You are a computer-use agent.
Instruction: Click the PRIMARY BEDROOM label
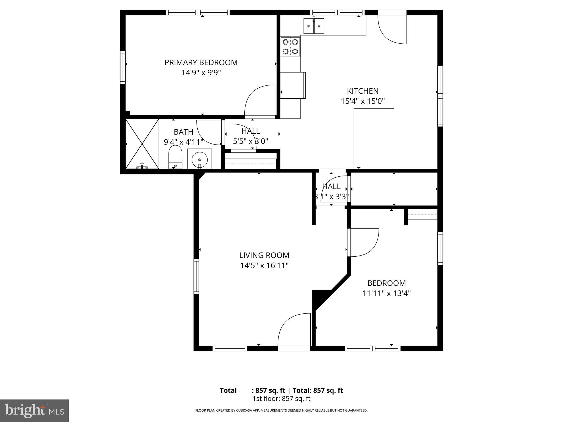click(201, 63)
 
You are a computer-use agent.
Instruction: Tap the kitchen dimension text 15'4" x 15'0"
click(363, 101)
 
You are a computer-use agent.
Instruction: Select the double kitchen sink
click(314, 26)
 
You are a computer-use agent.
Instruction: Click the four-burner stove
click(290, 47)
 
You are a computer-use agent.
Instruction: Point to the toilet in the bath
click(175, 158)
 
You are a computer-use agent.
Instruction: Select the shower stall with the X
click(142, 144)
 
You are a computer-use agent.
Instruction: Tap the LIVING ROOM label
click(264, 256)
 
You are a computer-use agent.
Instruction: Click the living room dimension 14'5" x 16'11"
click(264, 266)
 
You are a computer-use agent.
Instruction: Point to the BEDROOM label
click(386, 283)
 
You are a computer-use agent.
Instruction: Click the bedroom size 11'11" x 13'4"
click(386, 293)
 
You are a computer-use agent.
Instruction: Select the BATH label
click(183, 132)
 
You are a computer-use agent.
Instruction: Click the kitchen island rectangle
click(374, 138)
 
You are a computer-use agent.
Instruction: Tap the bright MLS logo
click(34, 410)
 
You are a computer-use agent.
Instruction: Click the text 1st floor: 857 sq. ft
click(281, 399)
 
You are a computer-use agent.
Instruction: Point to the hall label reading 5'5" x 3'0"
click(250, 141)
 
